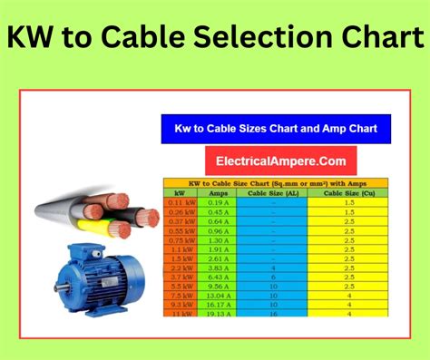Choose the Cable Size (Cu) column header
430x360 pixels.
coord(348,193)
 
